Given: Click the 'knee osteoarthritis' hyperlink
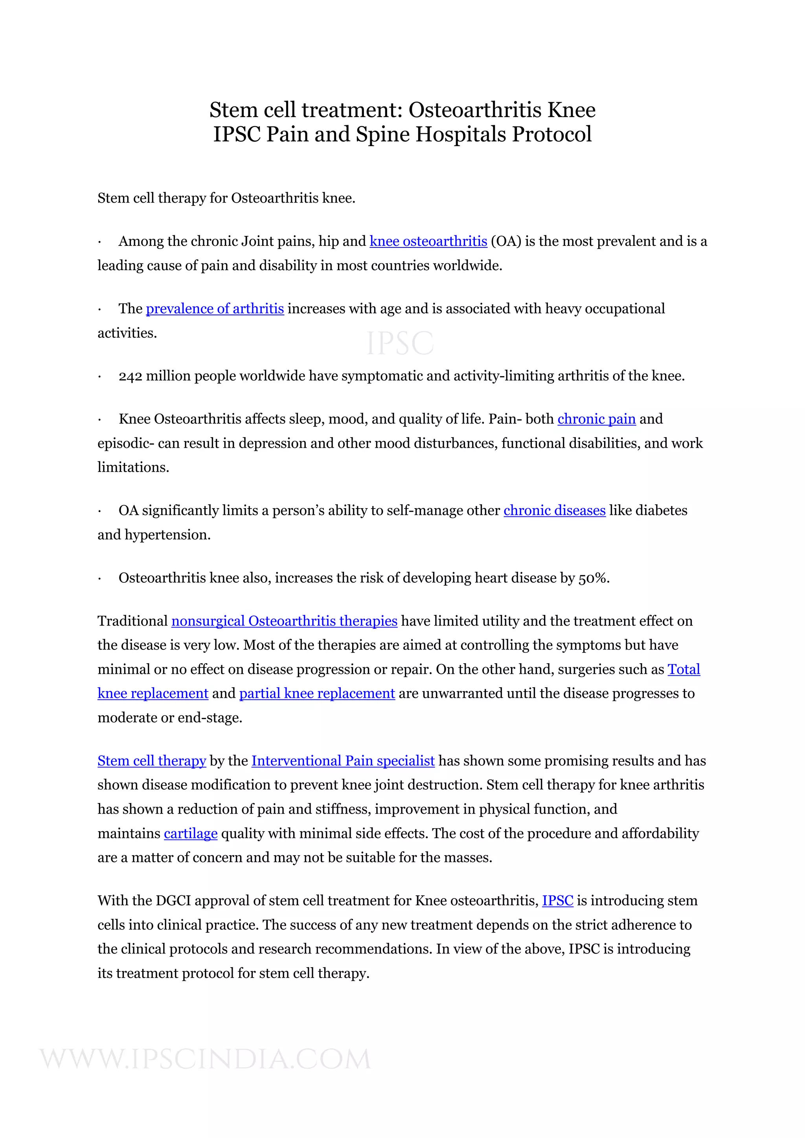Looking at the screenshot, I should (428, 242).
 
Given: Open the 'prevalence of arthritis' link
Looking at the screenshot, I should (215, 309).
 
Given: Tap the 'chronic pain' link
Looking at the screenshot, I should (596, 419).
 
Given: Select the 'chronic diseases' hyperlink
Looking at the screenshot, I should (555, 510).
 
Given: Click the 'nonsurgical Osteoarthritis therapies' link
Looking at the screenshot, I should (284, 621).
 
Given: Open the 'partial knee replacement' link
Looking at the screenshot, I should (317, 693).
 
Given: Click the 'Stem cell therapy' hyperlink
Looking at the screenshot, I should (152, 761).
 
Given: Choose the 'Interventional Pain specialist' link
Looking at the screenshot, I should (343, 761).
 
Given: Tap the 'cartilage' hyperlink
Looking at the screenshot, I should (191, 834).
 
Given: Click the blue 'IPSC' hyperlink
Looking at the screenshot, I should (557, 900).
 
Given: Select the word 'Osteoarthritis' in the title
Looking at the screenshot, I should (475, 110).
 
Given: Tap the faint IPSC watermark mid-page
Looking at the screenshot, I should (400, 344).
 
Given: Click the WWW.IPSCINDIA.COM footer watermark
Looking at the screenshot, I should (205, 1059).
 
